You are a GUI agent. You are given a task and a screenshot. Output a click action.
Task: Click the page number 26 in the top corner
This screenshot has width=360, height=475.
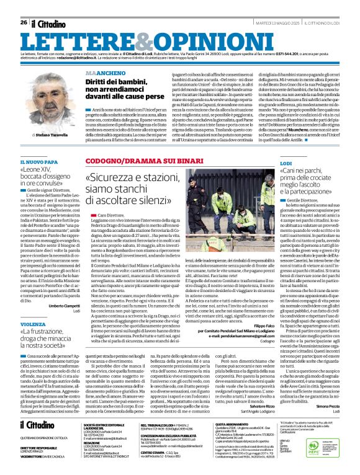tap(24, 22)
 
